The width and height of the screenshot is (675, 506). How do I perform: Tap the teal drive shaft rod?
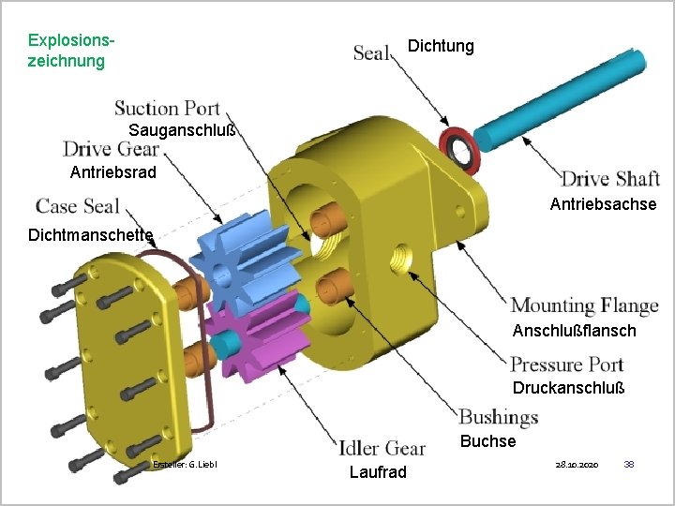tap(560, 100)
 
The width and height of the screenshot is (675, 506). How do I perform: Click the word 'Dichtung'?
tap(441, 46)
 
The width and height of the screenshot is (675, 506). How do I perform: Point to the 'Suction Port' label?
tap(167, 108)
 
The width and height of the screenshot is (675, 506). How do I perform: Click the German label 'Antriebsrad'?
tap(112, 172)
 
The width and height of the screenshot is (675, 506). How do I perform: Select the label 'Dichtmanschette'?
tap(90, 235)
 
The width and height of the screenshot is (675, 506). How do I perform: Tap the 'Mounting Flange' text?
tap(584, 305)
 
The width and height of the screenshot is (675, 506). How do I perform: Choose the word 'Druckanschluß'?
tap(568, 388)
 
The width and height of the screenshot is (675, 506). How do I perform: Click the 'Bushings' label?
tap(498, 417)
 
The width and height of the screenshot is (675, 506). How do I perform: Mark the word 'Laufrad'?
tap(378, 472)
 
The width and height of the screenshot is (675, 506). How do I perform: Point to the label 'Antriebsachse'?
tap(603, 204)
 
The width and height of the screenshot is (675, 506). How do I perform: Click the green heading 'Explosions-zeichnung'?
tap(71, 51)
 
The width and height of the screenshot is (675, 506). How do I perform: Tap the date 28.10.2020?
tap(577, 465)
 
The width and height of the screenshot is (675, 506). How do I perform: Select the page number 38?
tap(629, 464)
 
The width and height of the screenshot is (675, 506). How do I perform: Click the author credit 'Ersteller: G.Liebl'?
tap(185, 465)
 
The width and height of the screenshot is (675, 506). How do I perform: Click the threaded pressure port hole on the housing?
tap(401, 259)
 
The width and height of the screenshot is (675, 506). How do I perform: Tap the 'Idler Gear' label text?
tap(382, 448)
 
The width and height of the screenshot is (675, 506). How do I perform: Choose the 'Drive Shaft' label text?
tap(610, 179)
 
